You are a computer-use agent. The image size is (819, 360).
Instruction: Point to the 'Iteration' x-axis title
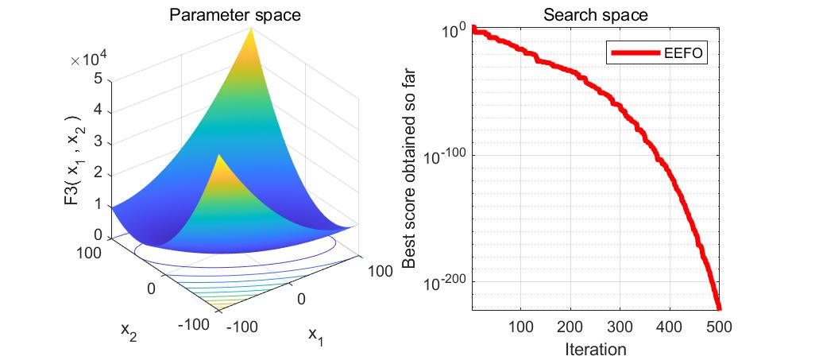click(x=595, y=349)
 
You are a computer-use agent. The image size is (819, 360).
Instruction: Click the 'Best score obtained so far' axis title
click(x=410, y=169)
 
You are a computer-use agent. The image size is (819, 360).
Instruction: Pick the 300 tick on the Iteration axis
click(x=620, y=327)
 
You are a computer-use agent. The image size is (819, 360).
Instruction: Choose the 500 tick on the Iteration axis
click(x=719, y=327)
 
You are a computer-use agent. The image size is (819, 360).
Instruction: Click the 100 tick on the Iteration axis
click(x=520, y=327)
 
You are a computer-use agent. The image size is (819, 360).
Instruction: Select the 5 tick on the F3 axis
click(x=97, y=79)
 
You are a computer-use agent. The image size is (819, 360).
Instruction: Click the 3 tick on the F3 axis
click(x=97, y=141)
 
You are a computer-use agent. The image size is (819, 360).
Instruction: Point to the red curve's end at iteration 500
click(x=718, y=307)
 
